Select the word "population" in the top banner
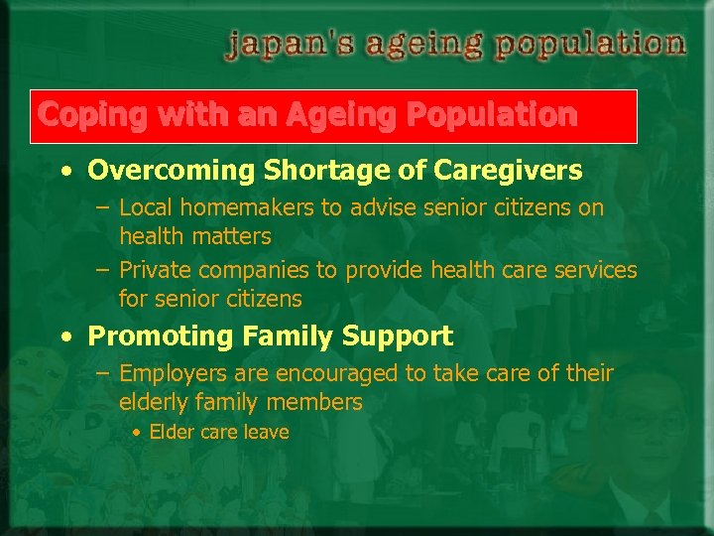click(x=591, y=45)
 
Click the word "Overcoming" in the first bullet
click(x=172, y=171)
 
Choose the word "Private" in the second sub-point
click(x=155, y=270)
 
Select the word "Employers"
click(x=170, y=374)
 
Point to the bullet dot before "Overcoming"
click(x=65, y=172)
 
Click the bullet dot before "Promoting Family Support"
click(x=65, y=336)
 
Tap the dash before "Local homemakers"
click(x=103, y=209)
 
